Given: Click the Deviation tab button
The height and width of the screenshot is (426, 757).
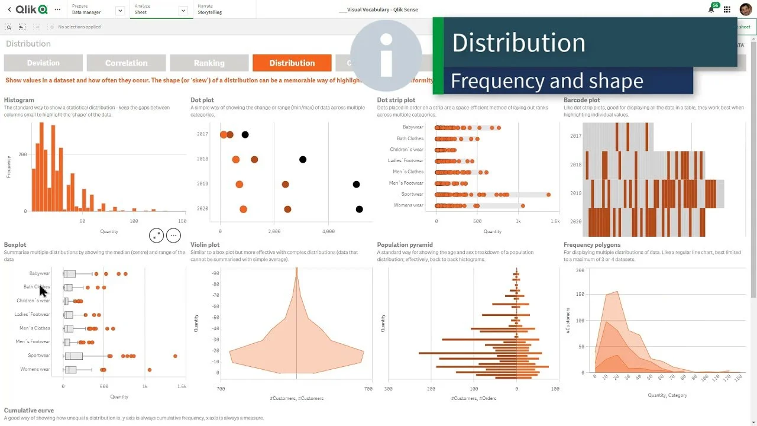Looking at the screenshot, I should (43, 63).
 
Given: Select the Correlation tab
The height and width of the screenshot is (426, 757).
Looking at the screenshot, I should (126, 63).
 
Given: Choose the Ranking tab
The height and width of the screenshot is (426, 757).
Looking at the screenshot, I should (209, 63).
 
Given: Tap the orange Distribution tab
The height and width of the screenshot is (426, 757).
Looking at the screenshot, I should (292, 63).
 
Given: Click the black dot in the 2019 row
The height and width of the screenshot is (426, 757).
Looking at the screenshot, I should (356, 185).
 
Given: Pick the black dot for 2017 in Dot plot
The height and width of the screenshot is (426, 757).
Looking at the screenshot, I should (245, 135).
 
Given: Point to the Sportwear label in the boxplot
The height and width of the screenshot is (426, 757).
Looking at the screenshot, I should (39, 356).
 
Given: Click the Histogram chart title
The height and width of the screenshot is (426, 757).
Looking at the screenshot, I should (19, 100).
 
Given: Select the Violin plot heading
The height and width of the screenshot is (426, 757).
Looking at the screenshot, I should (205, 244).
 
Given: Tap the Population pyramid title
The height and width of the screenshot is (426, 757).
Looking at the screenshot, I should (405, 244).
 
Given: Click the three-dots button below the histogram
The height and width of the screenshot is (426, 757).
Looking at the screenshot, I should (173, 235).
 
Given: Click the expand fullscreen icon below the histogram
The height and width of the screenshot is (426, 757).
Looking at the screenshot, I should (156, 235).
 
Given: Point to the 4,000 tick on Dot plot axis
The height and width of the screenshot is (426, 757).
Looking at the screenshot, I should (328, 231).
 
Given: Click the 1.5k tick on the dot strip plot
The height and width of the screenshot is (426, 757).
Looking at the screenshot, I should (555, 221).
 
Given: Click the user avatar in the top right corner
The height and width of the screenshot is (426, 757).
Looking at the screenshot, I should (745, 9).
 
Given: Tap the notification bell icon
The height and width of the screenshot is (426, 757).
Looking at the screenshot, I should (711, 9).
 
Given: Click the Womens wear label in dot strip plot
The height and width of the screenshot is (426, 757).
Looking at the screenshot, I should (408, 205).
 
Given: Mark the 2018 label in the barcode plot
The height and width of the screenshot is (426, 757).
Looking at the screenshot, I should (575, 164).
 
